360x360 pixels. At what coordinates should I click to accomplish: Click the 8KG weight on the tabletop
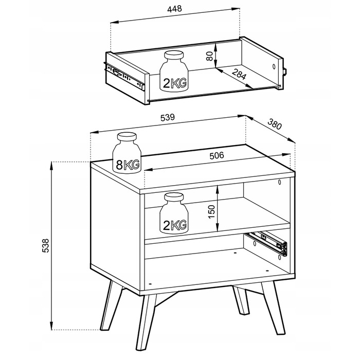pos(127,153)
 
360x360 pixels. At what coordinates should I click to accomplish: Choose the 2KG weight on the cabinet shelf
pos(174,213)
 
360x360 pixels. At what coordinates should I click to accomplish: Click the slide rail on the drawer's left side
pos(125,76)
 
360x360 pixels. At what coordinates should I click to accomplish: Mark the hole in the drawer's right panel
pos(274,67)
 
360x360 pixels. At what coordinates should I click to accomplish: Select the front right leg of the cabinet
pos(273,307)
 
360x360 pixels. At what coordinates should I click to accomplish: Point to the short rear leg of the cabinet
pos(241,300)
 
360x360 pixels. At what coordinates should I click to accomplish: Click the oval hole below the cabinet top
pos(279,182)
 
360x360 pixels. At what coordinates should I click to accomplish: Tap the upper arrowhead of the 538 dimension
pos(51,166)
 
